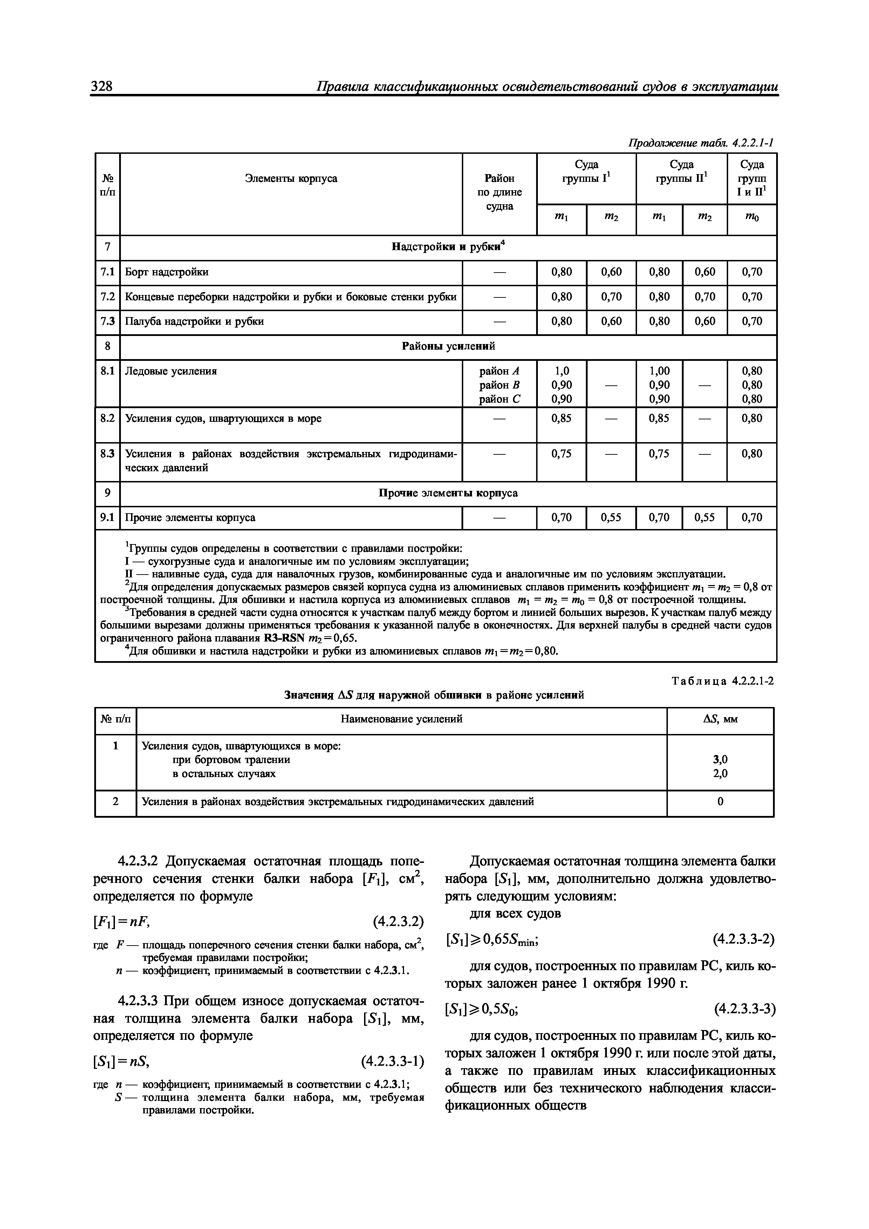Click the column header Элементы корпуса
[291, 178]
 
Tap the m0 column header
[751, 219]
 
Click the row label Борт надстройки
[166, 272]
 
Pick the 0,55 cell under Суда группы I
[611, 517]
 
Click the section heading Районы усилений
[448, 346]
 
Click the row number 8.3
[108, 454]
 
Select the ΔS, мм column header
[720, 719]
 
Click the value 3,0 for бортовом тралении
[720, 760]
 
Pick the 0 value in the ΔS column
[720, 802]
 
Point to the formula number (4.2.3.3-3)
[744, 1010]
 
